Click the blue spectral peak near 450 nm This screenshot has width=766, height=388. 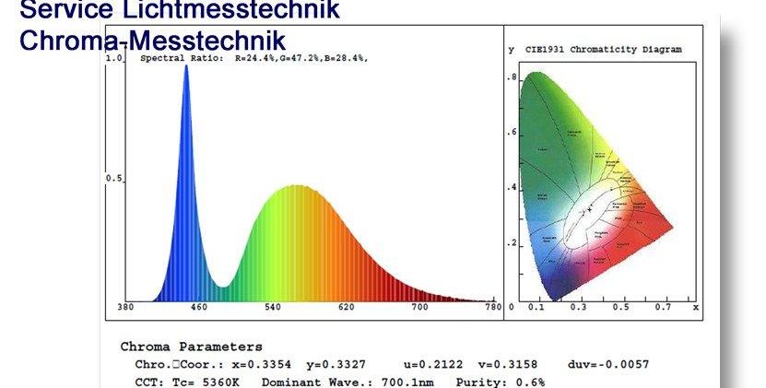(187, 70)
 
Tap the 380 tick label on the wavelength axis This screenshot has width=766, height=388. (128, 307)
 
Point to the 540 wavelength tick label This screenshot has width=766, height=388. (274, 307)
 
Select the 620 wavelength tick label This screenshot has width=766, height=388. (347, 307)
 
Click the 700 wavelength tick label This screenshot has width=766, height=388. (420, 307)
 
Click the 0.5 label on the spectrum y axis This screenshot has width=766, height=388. (115, 178)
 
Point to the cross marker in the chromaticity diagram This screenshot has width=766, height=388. (590, 211)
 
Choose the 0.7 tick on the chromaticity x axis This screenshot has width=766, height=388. (662, 307)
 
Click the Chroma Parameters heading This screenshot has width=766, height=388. (191, 347)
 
